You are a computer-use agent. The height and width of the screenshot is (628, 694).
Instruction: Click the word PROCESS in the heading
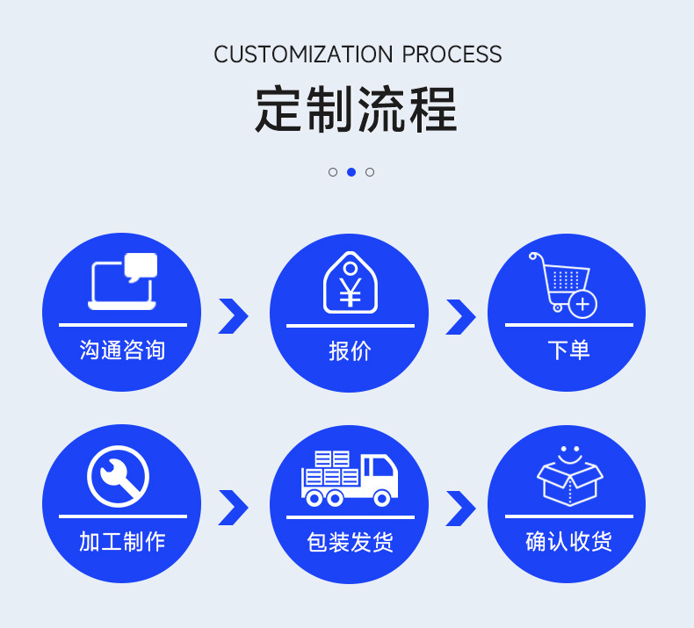(x=452, y=54)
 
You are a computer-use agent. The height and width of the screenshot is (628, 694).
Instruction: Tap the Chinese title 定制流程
(x=357, y=111)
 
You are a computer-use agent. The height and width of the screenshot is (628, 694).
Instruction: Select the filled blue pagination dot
(x=351, y=172)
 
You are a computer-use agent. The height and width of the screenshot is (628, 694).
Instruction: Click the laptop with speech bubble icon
(x=123, y=281)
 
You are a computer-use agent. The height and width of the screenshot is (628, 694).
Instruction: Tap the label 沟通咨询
(x=122, y=350)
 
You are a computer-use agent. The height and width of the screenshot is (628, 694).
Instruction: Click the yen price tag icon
(x=350, y=283)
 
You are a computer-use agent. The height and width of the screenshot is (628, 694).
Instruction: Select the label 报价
(x=350, y=351)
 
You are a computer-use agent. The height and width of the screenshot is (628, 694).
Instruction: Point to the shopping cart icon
(x=560, y=281)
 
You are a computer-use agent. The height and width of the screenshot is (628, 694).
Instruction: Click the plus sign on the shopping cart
(x=583, y=305)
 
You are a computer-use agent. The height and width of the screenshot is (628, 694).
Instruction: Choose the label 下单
(x=568, y=350)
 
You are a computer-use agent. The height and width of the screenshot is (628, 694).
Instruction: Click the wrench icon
(x=118, y=476)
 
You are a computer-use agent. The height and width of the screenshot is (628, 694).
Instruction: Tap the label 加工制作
(x=122, y=541)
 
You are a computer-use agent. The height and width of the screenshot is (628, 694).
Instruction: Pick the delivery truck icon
(x=350, y=479)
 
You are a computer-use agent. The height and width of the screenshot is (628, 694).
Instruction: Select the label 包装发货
(x=350, y=542)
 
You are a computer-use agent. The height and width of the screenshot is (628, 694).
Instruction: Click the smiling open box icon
(x=570, y=476)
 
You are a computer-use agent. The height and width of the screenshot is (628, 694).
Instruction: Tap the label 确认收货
(x=568, y=541)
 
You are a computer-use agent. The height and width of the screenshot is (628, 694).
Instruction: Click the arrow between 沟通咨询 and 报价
(x=233, y=316)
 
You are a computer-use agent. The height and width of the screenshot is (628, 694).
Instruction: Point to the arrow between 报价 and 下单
(x=459, y=316)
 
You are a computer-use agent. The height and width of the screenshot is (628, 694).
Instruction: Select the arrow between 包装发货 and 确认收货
(x=459, y=508)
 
